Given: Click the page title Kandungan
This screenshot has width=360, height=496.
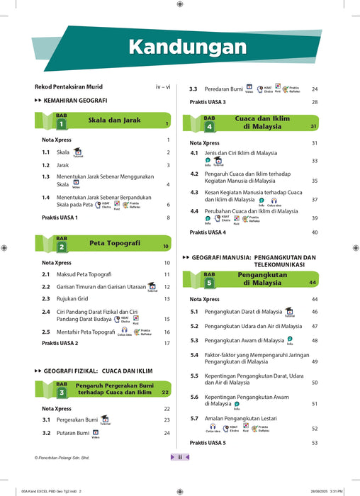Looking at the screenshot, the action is [x=188, y=47].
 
